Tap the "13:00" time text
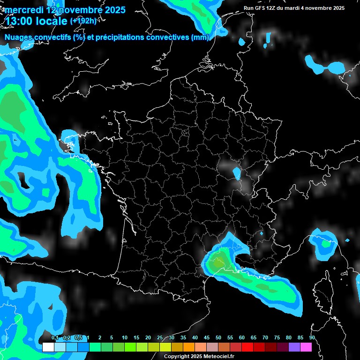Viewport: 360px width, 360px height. (18, 21)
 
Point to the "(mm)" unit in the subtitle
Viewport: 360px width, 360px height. (200, 37)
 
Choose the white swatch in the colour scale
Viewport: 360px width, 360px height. (48, 347)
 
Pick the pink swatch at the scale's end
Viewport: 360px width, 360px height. (306, 347)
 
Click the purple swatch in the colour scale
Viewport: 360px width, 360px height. (294, 347)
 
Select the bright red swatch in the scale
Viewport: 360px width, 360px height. (247, 347)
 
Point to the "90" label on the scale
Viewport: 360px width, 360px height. (312, 338)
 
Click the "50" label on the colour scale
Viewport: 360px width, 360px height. (218, 338)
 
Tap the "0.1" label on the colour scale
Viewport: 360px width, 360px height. (55, 338)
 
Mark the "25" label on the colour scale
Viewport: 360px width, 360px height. (160, 338)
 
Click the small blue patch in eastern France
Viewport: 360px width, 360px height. (237, 173)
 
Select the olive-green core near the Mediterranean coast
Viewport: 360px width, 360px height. (217, 264)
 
